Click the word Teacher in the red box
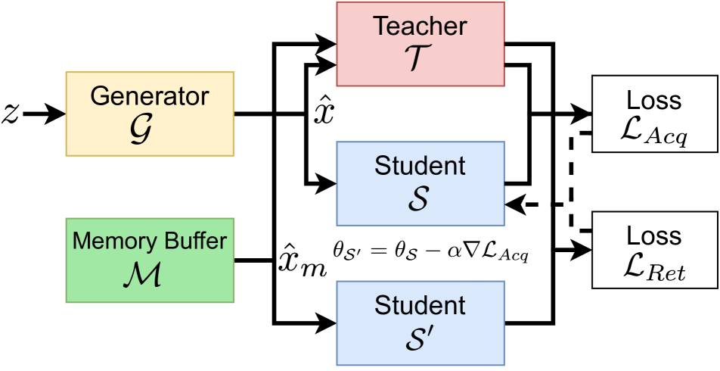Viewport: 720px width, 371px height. tap(420, 26)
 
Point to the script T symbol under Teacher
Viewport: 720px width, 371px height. tap(420, 60)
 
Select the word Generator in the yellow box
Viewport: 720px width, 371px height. tap(149, 96)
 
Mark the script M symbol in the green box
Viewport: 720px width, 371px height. tap(141, 276)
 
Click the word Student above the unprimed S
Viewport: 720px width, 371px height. tap(420, 165)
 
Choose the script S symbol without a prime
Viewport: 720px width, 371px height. tap(417, 198)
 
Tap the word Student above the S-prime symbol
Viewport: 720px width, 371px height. tap(420, 306)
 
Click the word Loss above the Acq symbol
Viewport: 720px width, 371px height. tap(654, 101)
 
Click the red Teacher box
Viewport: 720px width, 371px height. tap(420, 43)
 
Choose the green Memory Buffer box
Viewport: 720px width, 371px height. tap(150, 260)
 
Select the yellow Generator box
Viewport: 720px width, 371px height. tap(150, 114)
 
